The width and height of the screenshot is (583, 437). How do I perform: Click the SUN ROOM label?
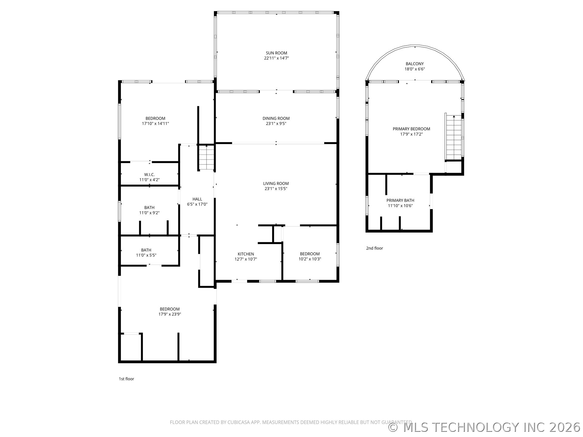(x=276, y=53)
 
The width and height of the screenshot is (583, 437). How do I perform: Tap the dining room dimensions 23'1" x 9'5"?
(x=276, y=124)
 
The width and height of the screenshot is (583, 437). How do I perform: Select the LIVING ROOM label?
(x=276, y=183)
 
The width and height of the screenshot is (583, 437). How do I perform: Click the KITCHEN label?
(x=246, y=254)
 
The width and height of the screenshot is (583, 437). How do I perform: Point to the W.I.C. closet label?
(x=149, y=174)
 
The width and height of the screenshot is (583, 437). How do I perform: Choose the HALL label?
(x=197, y=199)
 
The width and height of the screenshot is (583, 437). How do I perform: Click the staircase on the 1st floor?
(x=207, y=158)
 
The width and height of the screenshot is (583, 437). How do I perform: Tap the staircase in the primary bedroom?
(x=454, y=138)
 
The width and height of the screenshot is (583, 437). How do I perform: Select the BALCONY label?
(x=414, y=64)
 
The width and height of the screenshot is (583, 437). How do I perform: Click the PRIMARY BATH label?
(x=400, y=200)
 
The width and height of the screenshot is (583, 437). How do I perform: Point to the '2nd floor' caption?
(x=374, y=248)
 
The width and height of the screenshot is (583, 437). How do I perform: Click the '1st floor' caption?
(x=126, y=379)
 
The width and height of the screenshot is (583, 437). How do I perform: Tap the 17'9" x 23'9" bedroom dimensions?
(x=170, y=314)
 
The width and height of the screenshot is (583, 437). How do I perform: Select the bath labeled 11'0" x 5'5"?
(x=146, y=252)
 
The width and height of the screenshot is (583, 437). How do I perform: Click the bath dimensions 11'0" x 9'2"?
(x=149, y=213)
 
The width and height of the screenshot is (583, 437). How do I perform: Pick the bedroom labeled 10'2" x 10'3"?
(x=310, y=256)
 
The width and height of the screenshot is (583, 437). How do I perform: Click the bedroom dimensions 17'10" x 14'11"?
(x=155, y=124)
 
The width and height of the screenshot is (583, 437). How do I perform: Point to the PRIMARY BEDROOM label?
(x=411, y=129)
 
